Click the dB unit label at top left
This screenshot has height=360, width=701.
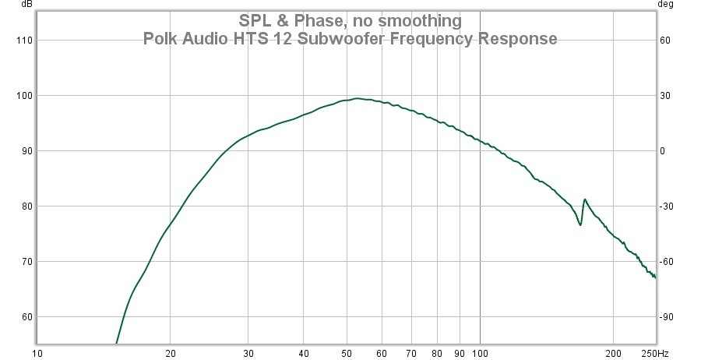tap(27, 4)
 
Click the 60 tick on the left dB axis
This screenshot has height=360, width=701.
tap(26, 316)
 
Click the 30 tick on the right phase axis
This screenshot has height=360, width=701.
tap(665, 95)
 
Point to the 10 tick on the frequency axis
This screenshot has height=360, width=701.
tap(37, 353)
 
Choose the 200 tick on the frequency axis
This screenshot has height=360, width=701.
tap(614, 353)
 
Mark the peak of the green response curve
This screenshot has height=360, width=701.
tap(356, 98)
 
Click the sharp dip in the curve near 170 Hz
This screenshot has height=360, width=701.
tap(580, 225)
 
